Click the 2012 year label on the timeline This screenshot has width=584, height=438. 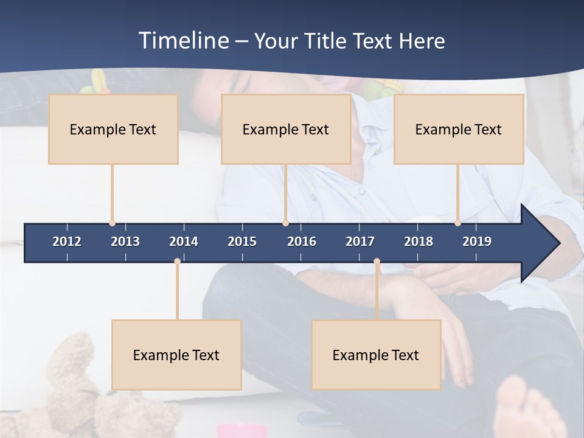click(x=67, y=242)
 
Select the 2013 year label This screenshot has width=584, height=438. click(x=125, y=242)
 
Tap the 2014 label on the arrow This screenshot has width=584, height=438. click(x=184, y=242)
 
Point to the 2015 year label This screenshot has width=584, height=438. click(x=242, y=242)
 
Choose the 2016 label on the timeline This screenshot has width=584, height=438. click(x=302, y=242)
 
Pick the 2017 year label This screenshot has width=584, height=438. click(x=360, y=242)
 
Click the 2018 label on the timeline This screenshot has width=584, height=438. click(x=419, y=242)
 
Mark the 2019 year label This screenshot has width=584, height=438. click(x=477, y=242)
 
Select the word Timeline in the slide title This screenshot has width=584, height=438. click(x=184, y=41)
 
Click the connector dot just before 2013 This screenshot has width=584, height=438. click(x=112, y=223)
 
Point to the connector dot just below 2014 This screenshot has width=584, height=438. click(x=177, y=262)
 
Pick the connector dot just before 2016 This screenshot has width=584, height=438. click(x=285, y=223)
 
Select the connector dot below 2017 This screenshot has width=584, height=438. click(x=377, y=262)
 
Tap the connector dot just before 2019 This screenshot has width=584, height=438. click(x=457, y=223)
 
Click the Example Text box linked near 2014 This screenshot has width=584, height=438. click(x=176, y=355)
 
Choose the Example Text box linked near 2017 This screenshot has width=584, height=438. click(x=376, y=355)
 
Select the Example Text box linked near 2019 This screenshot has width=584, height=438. click(x=459, y=129)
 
